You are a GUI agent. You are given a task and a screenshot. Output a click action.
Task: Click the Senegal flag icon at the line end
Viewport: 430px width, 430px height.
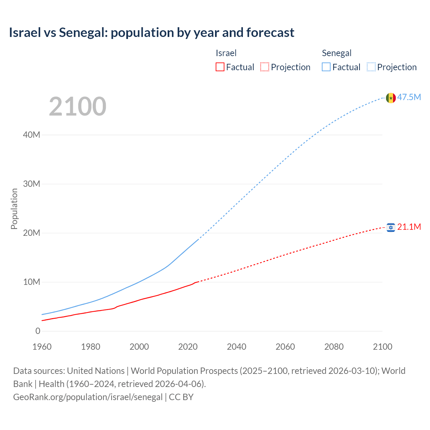coord(391,98)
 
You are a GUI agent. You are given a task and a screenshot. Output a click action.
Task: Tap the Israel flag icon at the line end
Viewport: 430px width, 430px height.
coord(391,227)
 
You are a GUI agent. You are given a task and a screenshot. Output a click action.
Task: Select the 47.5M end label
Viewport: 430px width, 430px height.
coord(409,97)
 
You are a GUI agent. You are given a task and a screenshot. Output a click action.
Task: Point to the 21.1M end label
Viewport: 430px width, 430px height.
coord(409,227)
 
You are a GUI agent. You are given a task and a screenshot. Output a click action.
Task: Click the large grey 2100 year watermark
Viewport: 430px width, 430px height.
coord(78,106)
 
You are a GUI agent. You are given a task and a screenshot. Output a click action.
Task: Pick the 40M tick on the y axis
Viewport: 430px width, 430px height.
coord(32,135)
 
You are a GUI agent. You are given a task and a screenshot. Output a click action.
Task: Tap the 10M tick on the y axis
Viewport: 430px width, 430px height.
coord(32,282)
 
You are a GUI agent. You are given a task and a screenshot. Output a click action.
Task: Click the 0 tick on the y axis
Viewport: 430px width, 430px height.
coord(38,331)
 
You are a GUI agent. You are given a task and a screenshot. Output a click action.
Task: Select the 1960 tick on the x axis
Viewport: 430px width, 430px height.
coord(42,347)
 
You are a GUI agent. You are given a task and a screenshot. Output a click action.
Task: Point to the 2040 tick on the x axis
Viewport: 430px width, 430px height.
coord(236,347)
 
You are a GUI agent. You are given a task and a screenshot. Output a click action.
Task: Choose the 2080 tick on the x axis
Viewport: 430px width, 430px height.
coord(334,347)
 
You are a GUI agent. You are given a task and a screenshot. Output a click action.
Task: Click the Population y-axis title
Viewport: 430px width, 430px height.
coord(14,209)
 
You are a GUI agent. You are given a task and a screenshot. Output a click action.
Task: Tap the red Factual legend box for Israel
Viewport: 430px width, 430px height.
coord(220,67)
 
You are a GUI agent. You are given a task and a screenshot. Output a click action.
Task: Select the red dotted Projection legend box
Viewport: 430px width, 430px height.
coord(265,67)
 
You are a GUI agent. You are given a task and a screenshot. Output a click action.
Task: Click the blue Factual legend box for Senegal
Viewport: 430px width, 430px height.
coord(326,67)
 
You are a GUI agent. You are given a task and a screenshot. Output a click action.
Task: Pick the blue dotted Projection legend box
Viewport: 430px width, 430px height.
coord(371,67)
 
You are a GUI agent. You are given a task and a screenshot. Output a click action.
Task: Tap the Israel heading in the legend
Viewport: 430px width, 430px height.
coord(226,53)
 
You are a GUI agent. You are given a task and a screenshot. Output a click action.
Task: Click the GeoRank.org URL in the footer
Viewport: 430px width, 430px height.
coord(88,397)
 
